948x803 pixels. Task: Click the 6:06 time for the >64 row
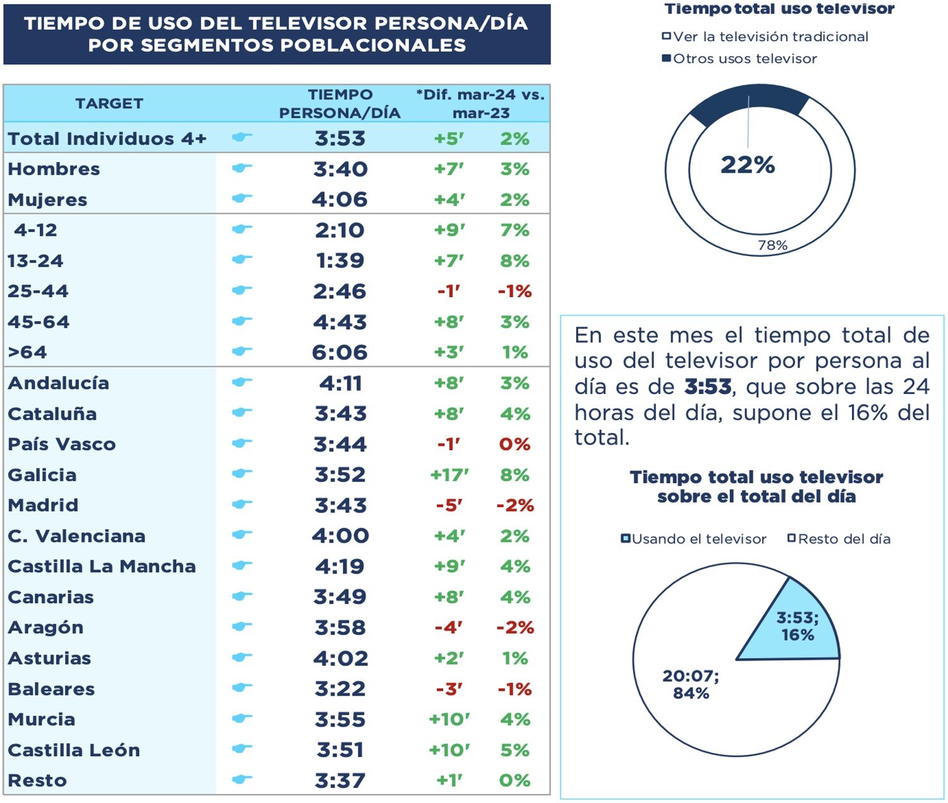click(x=339, y=352)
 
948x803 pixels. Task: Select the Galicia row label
click(x=42, y=475)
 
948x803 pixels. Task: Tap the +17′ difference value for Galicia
click(x=449, y=475)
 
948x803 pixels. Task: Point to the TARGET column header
click(x=109, y=104)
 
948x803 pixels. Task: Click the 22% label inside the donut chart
click(x=748, y=165)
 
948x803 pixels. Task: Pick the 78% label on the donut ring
click(x=772, y=245)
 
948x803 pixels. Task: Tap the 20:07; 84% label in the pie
click(x=691, y=684)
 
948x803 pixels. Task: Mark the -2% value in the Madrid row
click(x=515, y=505)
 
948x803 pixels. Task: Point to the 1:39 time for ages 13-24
click(x=340, y=261)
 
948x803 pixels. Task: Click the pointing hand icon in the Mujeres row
click(x=241, y=199)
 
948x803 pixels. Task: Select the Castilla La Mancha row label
click(x=102, y=567)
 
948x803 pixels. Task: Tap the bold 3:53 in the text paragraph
click(x=708, y=386)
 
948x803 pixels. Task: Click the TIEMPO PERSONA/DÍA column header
click(x=340, y=104)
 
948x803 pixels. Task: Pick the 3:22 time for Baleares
click(x=340, y=689)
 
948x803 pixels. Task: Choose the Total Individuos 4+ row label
click(x=107, y=138)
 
